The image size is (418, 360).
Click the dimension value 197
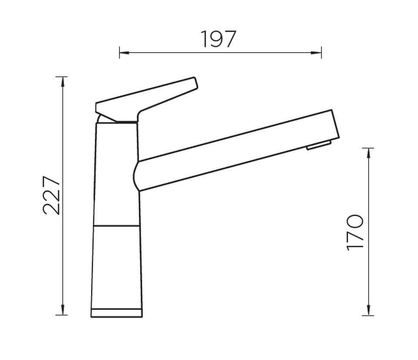(x=218, y=39)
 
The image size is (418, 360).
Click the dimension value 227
(x=51, y=195)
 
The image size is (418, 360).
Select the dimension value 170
(x=355, y=232)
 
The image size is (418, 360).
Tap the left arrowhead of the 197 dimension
(x=124, y=53)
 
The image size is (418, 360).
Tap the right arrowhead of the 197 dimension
(x=317, y=53)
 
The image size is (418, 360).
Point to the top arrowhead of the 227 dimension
(x=63, y=81)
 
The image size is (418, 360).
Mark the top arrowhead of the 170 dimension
(x=369, y=153)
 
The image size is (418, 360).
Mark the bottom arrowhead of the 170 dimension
(x=369, y=311)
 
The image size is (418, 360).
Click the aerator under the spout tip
(x=319, y=145)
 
